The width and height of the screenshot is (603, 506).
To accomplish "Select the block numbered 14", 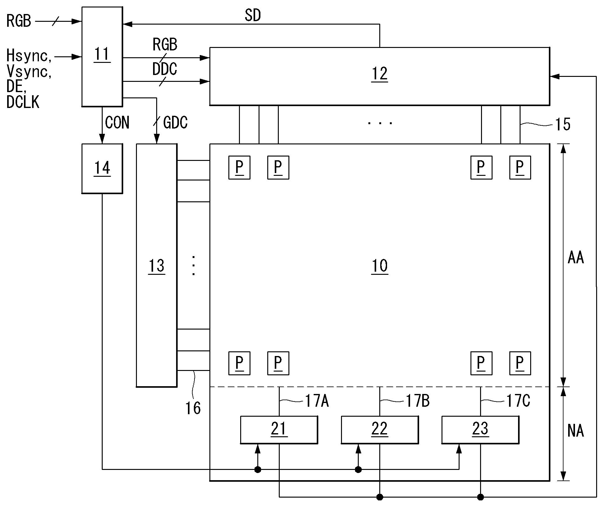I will click(102, 168).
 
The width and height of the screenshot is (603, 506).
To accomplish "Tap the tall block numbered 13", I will click(157, 265).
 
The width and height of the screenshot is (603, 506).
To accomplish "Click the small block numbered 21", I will click(279, 429).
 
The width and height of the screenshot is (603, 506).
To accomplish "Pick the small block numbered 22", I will click(380, 429).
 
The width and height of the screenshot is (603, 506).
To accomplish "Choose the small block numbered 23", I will click(480, 429).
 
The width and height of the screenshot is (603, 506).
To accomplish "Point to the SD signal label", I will click(253, 15).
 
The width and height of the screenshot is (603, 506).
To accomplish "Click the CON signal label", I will click(117, 122).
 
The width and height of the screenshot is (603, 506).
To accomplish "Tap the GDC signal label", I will click(175, 123).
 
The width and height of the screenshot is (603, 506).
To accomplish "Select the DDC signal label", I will click(165, 69).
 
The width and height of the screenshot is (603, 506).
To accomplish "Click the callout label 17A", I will click(317, 401).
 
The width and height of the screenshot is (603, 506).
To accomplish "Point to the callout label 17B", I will click(418, 401).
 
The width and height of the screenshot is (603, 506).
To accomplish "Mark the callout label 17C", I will click(518, 401).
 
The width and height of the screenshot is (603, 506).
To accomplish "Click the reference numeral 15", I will click(563, 125).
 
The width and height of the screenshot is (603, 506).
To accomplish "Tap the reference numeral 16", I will click(193, 408).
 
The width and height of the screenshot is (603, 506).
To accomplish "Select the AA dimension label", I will click(576, 258).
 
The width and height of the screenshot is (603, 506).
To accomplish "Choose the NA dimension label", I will click(576, 431).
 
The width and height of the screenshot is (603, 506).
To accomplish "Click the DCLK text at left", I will click(23, 102).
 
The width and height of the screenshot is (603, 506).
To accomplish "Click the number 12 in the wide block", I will click(380, 74).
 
